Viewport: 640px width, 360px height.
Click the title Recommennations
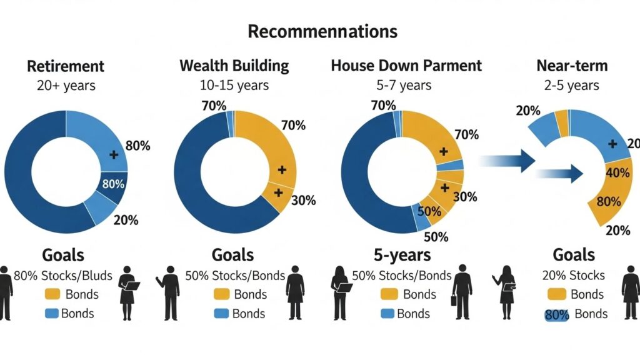(x=322, y=31)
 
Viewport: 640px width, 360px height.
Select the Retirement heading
(x=66, y=66)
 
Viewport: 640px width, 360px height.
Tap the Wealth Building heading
(x=234, y=66)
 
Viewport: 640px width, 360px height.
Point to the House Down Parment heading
(x=406, y=66)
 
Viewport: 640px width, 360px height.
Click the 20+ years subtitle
(x=66, y=85)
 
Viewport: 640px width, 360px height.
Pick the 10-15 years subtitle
(x=234, y=85)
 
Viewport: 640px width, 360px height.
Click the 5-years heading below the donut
(x=401, y=255)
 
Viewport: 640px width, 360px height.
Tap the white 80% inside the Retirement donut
(x=113, y=184)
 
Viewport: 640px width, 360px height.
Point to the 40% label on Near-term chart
(x=618, y=172)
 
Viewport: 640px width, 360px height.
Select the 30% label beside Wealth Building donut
(x=303, y=201)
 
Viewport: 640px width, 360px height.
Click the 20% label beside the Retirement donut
(x=125, y=219)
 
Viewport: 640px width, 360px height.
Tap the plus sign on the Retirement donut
(x=113, y=154)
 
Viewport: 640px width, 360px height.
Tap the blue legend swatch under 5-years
(x=387, y=314)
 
